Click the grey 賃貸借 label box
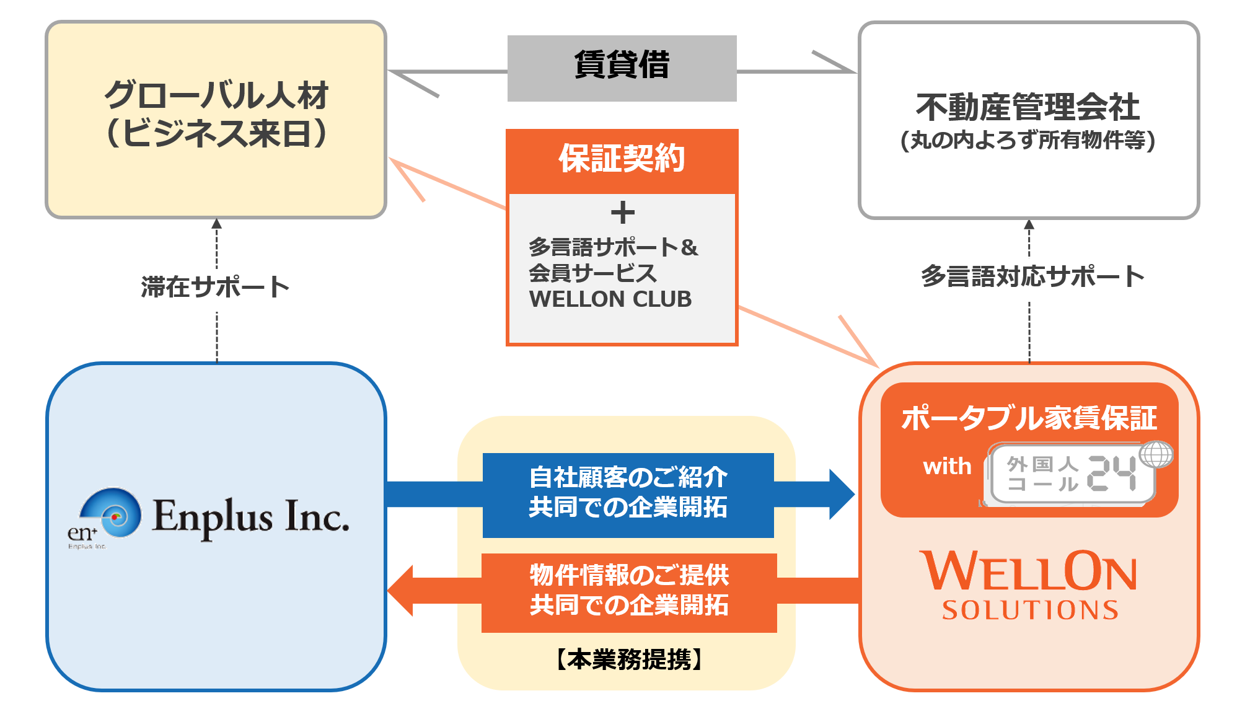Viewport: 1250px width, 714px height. (622, 68)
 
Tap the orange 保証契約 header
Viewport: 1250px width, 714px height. (622, 159)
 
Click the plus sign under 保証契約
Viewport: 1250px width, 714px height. (622, 213)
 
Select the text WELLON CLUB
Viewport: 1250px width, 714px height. (610, 299)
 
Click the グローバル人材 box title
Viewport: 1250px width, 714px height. (216, 95)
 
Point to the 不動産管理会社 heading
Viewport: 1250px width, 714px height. (1028, 107)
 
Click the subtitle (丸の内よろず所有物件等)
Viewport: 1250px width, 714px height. (1028, 141)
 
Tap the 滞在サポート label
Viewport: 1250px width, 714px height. (216, 287)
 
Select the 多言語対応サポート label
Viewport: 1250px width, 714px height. (1032, 276)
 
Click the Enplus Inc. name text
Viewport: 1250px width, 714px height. (250, 516)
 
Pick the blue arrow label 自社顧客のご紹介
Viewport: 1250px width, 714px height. (628, 478)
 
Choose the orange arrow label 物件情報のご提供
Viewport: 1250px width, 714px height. (629, 575)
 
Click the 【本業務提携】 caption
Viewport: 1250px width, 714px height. (628, 659)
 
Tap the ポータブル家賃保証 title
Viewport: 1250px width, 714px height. (1029, 418)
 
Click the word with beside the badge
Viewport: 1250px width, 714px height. (947, 466)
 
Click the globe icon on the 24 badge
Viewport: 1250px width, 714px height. (1156, 454)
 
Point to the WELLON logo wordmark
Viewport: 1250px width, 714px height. (1029, 571)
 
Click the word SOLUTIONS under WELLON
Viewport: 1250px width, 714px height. (1030, 610)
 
